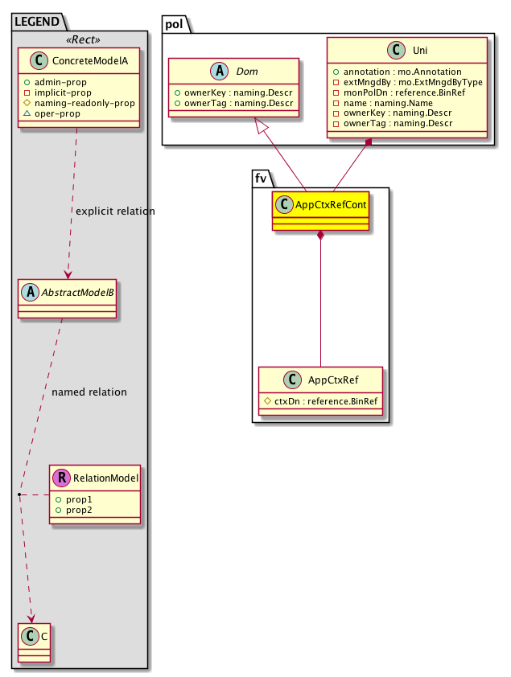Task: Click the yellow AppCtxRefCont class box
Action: tap(320, 211)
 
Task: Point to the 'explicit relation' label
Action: tap(114, 211)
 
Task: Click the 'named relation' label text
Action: tap(89, 392)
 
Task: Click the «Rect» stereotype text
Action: tap(80, 38)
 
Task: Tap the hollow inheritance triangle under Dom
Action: tap(261, 125)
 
